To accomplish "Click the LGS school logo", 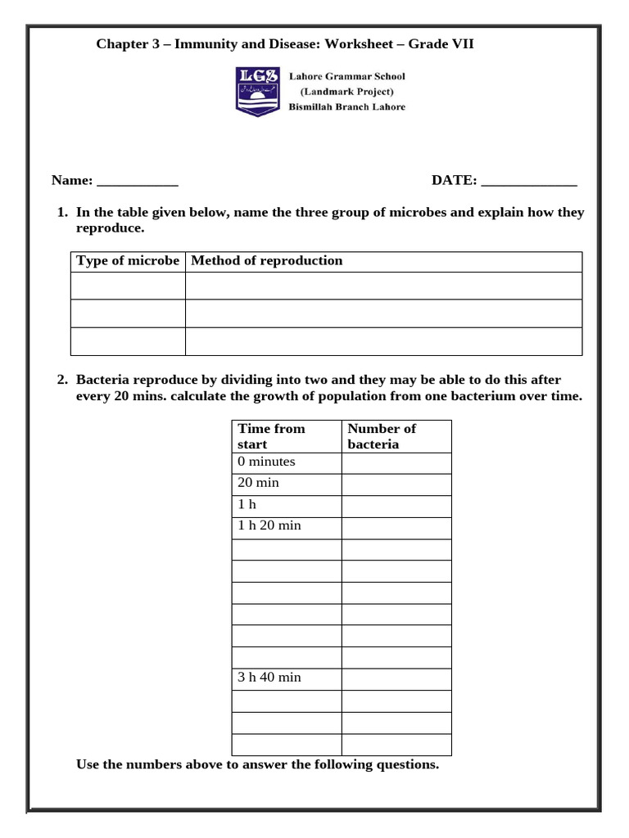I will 258,91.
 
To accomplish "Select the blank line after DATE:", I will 529,182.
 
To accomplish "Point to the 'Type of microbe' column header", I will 128,261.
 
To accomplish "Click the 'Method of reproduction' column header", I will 267,261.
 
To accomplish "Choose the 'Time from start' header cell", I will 271,436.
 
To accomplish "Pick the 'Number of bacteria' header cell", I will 382,436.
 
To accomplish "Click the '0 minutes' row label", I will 266,462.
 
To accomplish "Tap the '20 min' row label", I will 258,483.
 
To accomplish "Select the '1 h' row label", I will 247,504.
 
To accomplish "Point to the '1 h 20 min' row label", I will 269,525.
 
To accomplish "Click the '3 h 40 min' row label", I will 269,678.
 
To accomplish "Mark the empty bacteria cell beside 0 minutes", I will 396,463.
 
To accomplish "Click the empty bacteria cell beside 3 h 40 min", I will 396,679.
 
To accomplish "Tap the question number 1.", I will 61,213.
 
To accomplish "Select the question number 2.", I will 61,381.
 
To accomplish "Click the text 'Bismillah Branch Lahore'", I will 346,107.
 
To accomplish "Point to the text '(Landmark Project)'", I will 346,92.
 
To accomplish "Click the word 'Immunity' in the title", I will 198,44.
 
